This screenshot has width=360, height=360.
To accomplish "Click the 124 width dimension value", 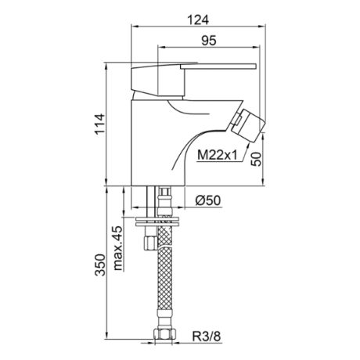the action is coord(198,20).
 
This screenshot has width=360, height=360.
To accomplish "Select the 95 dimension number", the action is coord(209,41).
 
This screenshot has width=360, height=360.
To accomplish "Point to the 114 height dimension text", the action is coord(99,124).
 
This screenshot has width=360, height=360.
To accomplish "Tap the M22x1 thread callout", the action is coord(217,156).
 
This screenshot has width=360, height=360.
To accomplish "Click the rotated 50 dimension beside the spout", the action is coord(256,159).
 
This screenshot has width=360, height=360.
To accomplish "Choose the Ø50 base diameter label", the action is coord(208,200).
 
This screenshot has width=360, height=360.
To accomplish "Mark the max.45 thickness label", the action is coord(117,248).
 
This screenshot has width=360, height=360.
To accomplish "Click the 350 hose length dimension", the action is coord(100,265).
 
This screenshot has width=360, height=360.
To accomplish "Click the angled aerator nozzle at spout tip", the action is coord(248,125).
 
